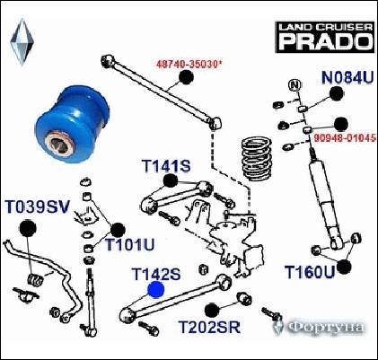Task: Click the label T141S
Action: (x=166, y=167)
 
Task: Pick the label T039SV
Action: (x=38, y=207)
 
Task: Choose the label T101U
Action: (x=130, y=244)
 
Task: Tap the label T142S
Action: (x=156, y=273)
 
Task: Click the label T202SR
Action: (x=209, y=327)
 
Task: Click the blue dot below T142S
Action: (x=155, y=290)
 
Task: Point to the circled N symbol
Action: (x=293, y=85)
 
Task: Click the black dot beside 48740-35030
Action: (x=187, y=76)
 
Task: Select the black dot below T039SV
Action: (x=26, y=226)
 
